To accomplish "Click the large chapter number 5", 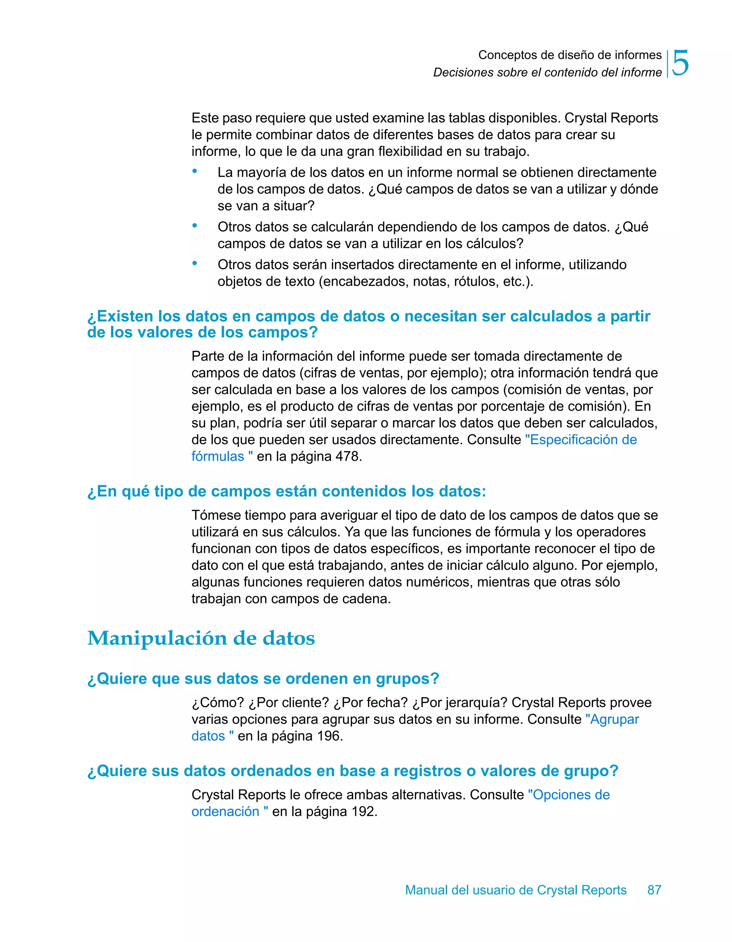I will point(680,63).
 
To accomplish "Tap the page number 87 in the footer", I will point(654,890).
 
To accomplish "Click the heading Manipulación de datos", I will point(201,638).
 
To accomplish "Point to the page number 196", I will point(328,736).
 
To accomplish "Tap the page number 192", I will point(363,811).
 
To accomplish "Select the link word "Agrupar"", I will point(614,720).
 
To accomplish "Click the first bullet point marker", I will point(195,171).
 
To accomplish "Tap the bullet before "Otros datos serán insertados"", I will point(195,263).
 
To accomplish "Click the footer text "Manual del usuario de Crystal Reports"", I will point(516,890).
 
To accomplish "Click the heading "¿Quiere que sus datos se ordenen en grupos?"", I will point(263,678).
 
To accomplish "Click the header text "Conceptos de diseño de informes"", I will point(569,55).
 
